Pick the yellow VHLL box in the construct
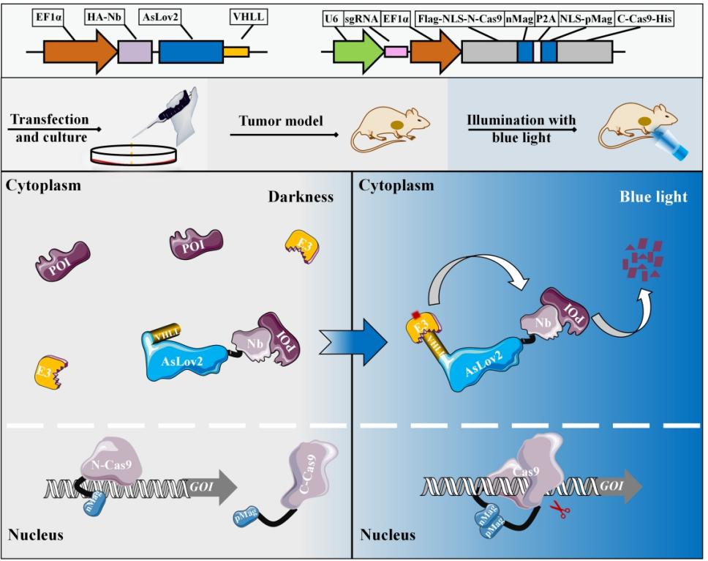point(236,51)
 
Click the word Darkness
point(310,197)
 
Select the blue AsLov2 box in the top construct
point(191,51)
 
